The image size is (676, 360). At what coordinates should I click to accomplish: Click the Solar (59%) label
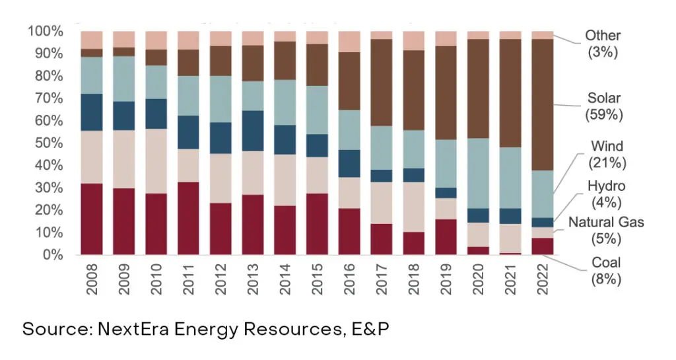point(605,106)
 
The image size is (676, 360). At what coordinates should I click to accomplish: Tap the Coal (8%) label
point(606,271)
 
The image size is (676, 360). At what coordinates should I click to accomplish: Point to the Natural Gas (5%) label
point(606,229)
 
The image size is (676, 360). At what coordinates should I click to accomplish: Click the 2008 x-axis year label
point(92,280)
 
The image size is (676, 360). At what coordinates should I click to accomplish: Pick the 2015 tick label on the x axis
point(318,280)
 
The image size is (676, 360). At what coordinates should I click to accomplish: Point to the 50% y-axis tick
point(45,143)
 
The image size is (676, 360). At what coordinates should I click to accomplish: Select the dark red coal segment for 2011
point(188,218)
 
